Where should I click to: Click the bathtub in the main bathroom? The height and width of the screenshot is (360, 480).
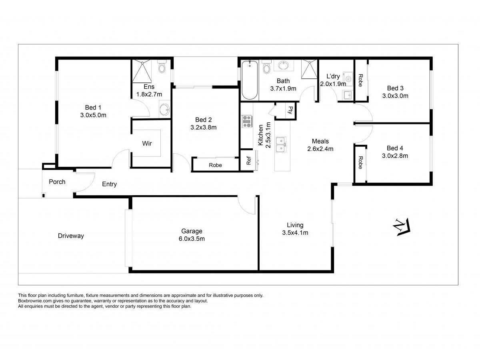tap(249, 80)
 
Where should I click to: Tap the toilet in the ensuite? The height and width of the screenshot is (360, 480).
tap(162, 67)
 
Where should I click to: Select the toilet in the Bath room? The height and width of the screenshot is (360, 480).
tap(266, 67)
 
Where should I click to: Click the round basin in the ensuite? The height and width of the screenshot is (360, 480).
tap(164, 109)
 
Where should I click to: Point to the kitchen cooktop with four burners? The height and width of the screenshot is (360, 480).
tap(246, 121)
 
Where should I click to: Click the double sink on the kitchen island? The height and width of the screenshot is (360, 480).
tap(282, 144)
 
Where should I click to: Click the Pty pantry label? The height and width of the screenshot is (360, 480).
tap(291, 110)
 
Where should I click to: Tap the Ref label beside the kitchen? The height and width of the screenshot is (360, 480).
tap(248, 160)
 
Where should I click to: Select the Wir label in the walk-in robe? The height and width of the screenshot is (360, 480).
tap(147, 143)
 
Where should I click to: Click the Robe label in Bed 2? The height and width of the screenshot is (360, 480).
tap(215, 165)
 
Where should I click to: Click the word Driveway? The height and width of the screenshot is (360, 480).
tap(71, 236)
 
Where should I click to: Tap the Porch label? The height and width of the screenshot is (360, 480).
tap(57, 182)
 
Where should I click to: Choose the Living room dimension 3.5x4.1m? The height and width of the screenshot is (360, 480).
tap(295, 232)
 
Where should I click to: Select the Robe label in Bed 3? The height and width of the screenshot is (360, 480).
tap(360, 80)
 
